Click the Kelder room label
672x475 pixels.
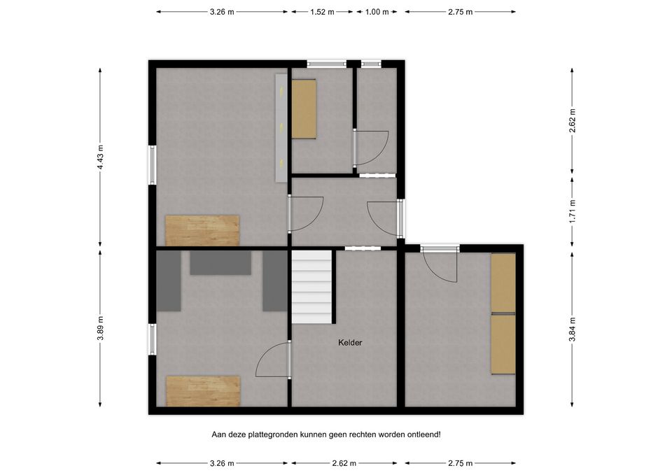click(x=350, y=343)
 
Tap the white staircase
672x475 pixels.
click(x=312, y=287)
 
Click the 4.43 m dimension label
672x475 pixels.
click(x=100, y=157)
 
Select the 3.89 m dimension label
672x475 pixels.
click(x=100, y=329)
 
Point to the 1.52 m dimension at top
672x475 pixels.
click(x=322, y=12)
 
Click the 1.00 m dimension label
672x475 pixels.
click(x=377, y=12)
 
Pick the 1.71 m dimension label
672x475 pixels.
click(x=572, y=211)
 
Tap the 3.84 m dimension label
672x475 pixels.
click(x=572, y=329)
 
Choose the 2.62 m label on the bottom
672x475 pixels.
click(x=344, y=463)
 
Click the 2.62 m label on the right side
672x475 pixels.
click(x=572, y=121)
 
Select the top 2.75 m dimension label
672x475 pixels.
click(x=461, y=12)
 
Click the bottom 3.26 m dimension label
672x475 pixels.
click(x=222, y=463)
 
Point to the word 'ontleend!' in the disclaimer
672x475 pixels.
click(x=423, y=434)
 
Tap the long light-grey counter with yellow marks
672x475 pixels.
click(x=281, y=127)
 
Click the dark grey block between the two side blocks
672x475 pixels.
click(x=220, y=262)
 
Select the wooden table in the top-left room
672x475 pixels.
click(x=202, y=230)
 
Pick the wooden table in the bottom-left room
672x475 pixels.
click(x=203, y=391)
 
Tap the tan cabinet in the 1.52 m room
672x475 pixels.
click(x=304, y=109)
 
